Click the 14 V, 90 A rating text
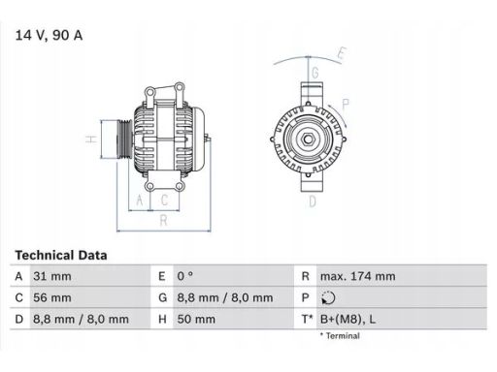(49, 35)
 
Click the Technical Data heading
(61, 256)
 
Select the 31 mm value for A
(52, 276)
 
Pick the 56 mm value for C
(52, 297)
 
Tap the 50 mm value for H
(196, 320)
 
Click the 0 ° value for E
(184, 276)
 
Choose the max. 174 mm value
(358, 276)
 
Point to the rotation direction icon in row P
(328, 297)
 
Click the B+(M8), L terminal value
(348, 320)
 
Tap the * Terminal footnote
(340, 336)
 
